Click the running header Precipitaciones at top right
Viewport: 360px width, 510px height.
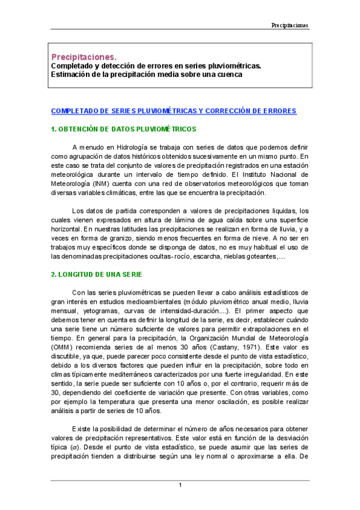289,25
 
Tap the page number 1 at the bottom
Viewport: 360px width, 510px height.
180,485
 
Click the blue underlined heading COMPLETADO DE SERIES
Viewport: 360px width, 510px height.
173,111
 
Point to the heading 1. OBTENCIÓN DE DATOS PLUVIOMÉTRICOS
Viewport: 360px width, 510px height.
124,129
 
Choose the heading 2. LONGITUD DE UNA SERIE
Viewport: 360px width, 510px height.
96,275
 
